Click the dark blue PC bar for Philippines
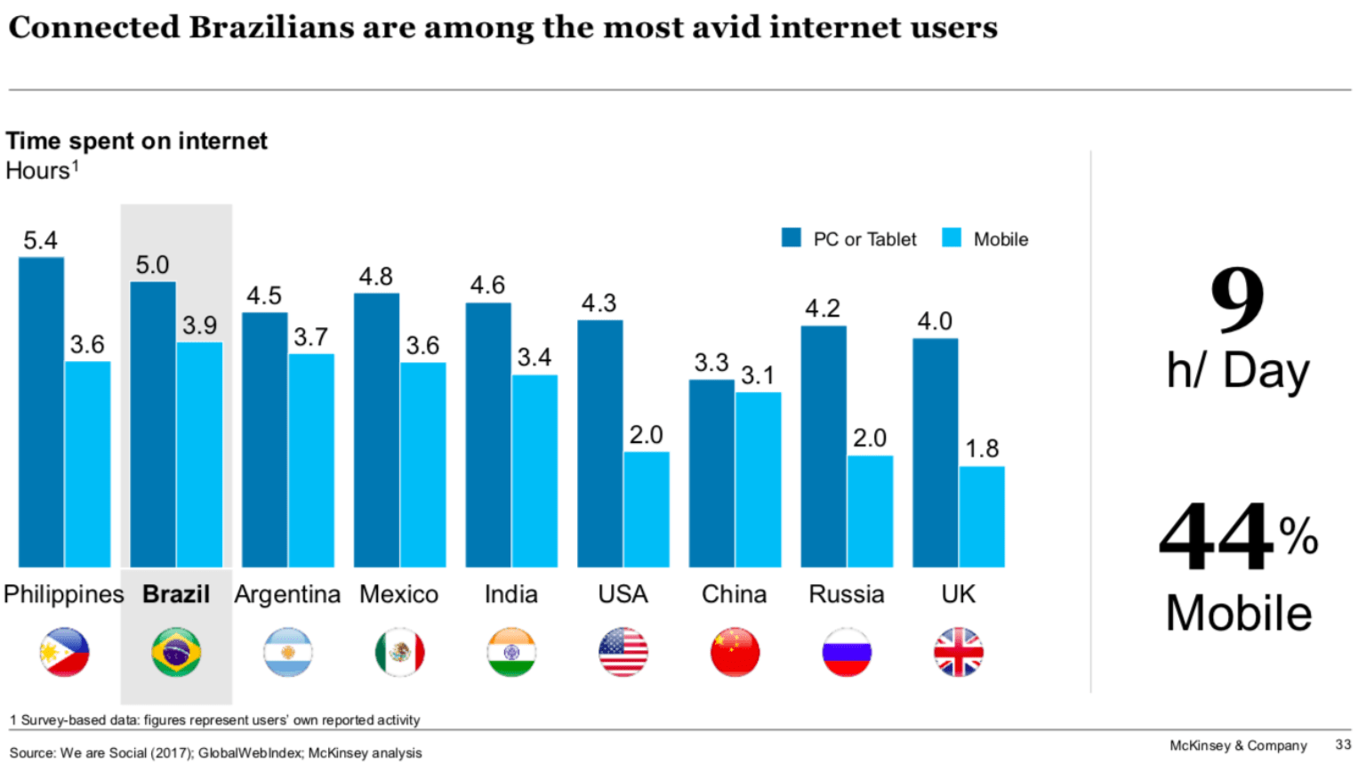tap(41, 412)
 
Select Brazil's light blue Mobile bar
tap(199, 454)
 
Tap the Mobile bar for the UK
tap(982, 517)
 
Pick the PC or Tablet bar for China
tap(711, 473)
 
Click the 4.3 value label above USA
tap(599, 303)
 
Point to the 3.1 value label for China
tap(758, 375)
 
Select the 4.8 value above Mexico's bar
tap(375, 277)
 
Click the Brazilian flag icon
tap(176, 652)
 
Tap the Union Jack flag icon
tap(959, 652)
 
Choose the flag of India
tap(511, 652)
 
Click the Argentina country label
tap(287, 594)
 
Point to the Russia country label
tap(846, 594)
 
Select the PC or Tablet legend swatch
tap(791, 237)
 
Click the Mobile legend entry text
tap(1000, 239)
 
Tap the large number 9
tap(1237, 300)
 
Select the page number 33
tap(1343, 744)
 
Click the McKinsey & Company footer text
tap(1238, 745)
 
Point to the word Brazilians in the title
tap(272, 28)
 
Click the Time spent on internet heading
tap(137, 141)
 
